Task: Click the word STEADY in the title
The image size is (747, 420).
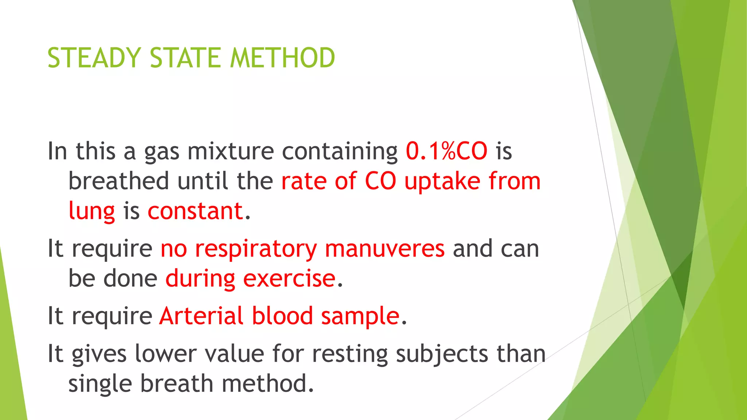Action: point(94,58)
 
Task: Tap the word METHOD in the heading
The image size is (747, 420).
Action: point(282,58)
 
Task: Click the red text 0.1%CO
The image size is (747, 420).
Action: point(446,151)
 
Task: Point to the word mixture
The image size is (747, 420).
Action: point(231,151)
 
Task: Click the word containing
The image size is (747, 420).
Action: point(340,151)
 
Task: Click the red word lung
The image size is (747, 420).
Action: point(92,211)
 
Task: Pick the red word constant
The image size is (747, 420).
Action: point(196,211)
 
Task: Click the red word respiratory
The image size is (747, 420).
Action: point(256,249)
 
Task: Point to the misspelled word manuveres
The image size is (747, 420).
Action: point(385,249)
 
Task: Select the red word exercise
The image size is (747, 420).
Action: point(289,279)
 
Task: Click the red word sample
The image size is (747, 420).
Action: point(360,316)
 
